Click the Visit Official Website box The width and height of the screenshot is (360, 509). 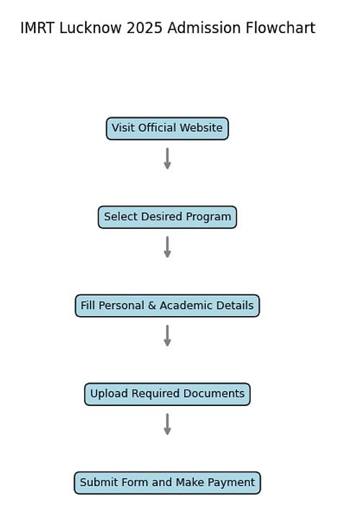(x=167, y=129)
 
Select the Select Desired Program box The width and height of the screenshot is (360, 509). (x=167, y=217)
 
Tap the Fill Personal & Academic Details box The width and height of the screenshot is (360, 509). (x=167, y=306)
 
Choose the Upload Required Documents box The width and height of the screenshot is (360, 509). (x=167, y=394)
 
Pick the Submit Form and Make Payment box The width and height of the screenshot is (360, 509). (x=167, y=482)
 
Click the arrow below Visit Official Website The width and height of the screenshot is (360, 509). (x=167, y=158)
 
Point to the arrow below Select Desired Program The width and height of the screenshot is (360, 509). (x=167, y=247)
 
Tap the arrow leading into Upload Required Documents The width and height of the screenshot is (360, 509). (x=167, y=335)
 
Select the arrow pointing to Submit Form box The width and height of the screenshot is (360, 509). (x=167, y=424)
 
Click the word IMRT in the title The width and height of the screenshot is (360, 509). (x=37, y=28)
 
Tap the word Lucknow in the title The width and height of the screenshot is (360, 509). (x=90, y=28)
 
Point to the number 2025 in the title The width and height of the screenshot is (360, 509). (x=144, y=28)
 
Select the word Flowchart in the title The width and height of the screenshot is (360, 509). (x=281, y=28)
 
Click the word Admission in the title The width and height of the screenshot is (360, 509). (x=204, y=28)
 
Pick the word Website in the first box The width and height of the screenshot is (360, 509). (x=201, y=127)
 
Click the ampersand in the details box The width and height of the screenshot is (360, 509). (x=152, y=305)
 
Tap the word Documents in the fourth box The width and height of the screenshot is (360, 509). (x=214, y=393)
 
